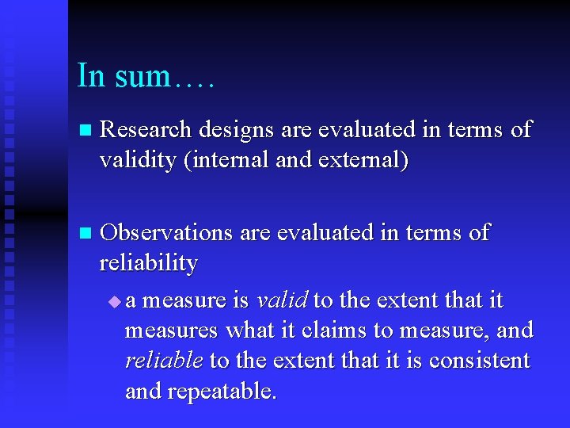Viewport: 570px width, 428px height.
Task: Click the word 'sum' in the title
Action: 142,77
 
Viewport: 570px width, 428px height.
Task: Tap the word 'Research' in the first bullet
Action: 147,129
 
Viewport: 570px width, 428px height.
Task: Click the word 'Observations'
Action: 167,232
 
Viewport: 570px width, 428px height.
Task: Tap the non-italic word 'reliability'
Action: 148,263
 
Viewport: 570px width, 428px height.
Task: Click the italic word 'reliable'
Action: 164,361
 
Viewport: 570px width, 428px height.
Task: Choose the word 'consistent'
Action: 480,361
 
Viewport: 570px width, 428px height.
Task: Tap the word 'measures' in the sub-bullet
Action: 173,331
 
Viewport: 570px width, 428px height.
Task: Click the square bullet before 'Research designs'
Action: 85,130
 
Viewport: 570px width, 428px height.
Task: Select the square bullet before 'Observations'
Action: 85,233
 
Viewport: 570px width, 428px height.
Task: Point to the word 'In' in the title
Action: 90,77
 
